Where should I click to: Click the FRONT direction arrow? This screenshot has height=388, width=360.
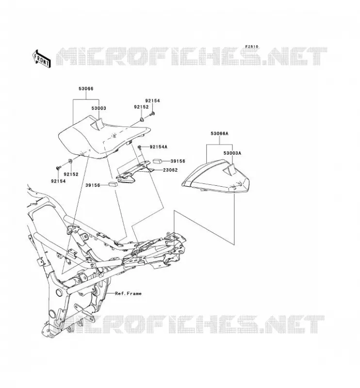point(42,59)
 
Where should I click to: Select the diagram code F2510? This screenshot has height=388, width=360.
point(251,47)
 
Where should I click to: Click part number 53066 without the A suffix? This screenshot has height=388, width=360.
point(86,89)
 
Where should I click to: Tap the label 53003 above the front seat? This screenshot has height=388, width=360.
point(98,108)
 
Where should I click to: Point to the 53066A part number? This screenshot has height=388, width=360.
point(219,134)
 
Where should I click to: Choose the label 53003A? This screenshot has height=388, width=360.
point(232,153)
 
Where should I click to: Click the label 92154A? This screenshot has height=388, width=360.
point(159,147)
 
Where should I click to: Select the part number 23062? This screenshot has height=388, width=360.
point(170,170)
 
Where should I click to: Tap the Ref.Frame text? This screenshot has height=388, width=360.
point(128,293)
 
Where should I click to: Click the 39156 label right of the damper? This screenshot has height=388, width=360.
point(178,161)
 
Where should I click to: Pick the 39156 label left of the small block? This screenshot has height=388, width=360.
point(93,185)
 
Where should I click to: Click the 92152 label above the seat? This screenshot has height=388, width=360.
point(141,107)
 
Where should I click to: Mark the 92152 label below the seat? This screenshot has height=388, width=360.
point(71,174)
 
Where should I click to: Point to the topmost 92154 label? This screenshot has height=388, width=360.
point(152,101)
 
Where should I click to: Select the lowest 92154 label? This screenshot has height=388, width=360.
point(58,181)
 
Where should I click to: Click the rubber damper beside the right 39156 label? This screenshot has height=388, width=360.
point(157,162)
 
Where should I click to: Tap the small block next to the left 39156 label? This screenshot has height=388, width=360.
point(113,184)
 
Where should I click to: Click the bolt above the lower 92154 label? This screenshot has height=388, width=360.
point(58,168)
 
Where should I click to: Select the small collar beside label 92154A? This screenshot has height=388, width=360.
point(139,147)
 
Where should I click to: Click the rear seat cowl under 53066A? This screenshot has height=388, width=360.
point(215,176)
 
